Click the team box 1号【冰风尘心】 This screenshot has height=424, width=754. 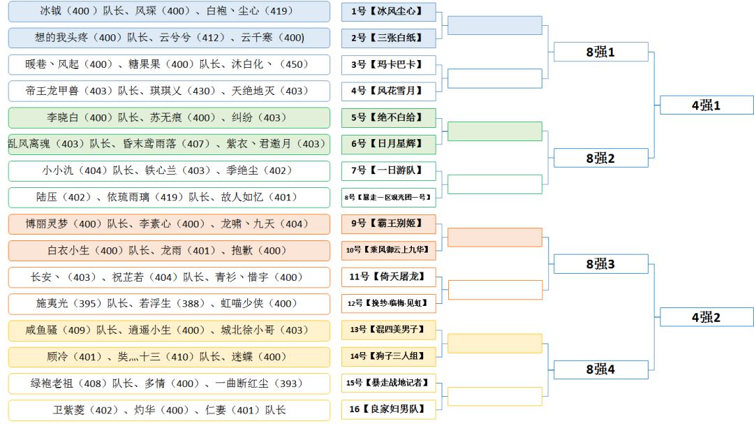(388, 11)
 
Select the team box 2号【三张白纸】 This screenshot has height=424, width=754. (388, 38)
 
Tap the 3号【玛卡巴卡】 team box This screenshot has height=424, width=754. (388, 64)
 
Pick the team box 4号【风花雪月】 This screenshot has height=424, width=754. (388, 91)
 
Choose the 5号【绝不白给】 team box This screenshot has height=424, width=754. (388, 117)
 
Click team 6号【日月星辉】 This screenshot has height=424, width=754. (388, 144)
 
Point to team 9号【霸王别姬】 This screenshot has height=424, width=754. (388, 224)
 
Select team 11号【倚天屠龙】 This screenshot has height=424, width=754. (388, 277)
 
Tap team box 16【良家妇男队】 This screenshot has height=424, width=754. (388, 409)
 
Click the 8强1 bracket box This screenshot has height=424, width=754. (600, 52)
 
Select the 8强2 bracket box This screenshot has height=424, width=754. (600, 159)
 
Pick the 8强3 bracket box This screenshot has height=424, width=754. (600, 264)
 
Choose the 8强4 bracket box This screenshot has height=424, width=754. (600, 370)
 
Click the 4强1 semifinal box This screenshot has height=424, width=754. (706, 105)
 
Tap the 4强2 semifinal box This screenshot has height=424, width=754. (706, 317)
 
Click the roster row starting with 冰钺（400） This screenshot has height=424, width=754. (168, 11)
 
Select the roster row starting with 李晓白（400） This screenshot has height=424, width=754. (168, 117)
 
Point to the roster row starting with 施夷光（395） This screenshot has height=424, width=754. (168, 303)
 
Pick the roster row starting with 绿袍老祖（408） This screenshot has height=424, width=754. (168, 383)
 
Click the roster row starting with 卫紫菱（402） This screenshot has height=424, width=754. (168, 409)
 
